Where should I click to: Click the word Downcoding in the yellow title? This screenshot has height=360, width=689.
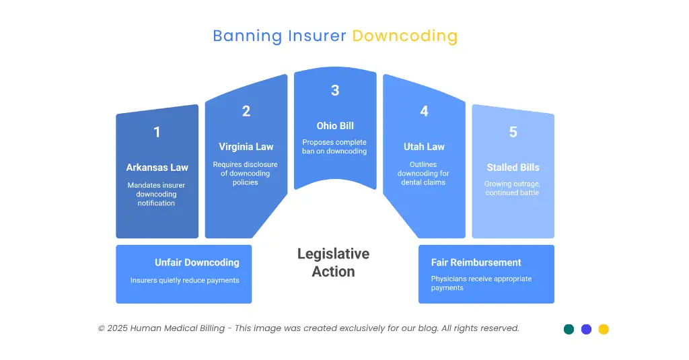pyautogui.click(x=404, y=36)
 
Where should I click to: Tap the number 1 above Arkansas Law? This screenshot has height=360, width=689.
pyautogui.click(x=157, y=133)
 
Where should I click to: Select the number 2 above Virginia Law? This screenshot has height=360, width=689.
pyautogui.click(x=246, y=112)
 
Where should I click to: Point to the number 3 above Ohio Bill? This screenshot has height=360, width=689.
pyautogui.click(x=335, y=91)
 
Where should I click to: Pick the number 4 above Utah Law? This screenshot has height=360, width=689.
pyautogui.click(x=424, y=112)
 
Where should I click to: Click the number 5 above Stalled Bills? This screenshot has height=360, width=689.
pyautogui.click(x=513, y=133)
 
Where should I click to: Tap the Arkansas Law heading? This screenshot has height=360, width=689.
pyautogui.click(x=157, y=168)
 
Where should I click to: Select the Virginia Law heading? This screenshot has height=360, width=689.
pyautogui.click(x=246, y=147)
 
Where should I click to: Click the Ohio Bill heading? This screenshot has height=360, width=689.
pyautogui.click(x=335, y=126)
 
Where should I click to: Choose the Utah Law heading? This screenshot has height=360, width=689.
pyautogui.click(x=424, y=147)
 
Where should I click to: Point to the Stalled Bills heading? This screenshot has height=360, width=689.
pyautogui.click(x=513, y=168)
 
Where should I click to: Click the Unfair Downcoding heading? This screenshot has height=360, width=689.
pyautogui.click(x=196, y=262)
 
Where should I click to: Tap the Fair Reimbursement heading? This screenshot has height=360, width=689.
pyautogui.click(x=476, y=262)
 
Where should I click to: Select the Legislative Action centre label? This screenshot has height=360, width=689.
pyautogui.click(x=334, y=262)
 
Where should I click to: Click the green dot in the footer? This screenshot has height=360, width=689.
pyautogui.click(x=569, y=329)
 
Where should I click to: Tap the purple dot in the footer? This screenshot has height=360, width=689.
pyautogui.click(x=586, y=329)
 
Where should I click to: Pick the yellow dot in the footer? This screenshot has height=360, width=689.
pyautogui.click(x=604, y=329)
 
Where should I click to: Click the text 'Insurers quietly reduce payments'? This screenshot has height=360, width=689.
pyautogui.click(x=184, y=281)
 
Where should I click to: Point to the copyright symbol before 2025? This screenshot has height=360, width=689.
pyautogui.click(x=102, y=328)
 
